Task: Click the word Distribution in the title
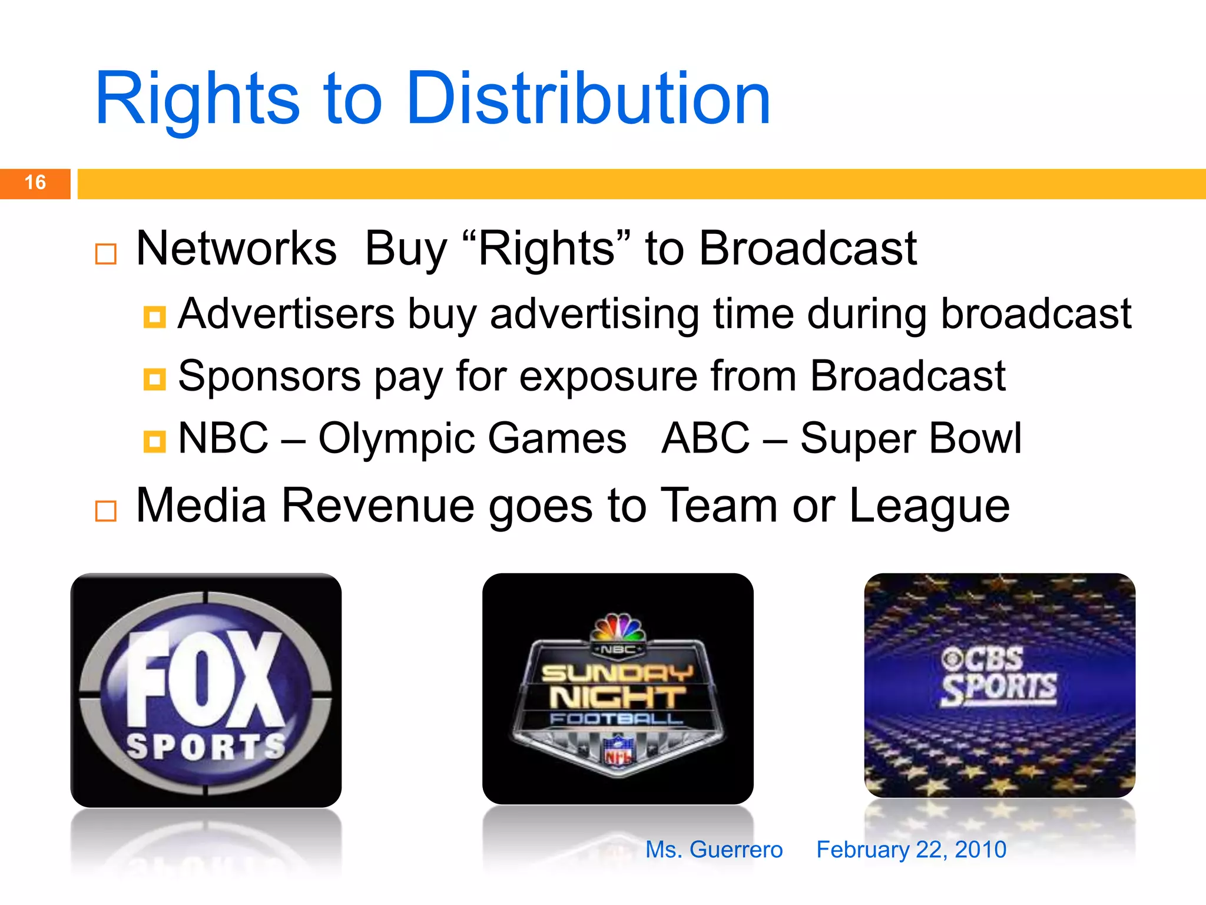pyautogui.click(x=588, y=99)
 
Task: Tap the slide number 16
pyautogui.click(x=35, y=183)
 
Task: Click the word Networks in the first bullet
pyautogui.click(x=236, y=249)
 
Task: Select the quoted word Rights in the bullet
pyautogui.click(x=547, y=249)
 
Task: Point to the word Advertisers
pyautogui.click(x=286, y=313)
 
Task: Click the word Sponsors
pyautogui.click(x=270, y=376)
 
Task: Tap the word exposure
pyautogui.click(x=608, y=377)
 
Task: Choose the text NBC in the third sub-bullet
pyautogui.click(x=223, y=438)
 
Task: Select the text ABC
pyautogui.click(x=705, y=438)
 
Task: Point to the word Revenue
pyautogui.click(x=377, y=506)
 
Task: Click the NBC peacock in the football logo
pyautogui.click(x=618, y=628)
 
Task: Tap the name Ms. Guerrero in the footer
pyautogui.click(x=714, y=850)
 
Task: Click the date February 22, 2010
pyautogui.click(x=911, y=850)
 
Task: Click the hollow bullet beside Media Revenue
pyautogui.click(x=106, y=511)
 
